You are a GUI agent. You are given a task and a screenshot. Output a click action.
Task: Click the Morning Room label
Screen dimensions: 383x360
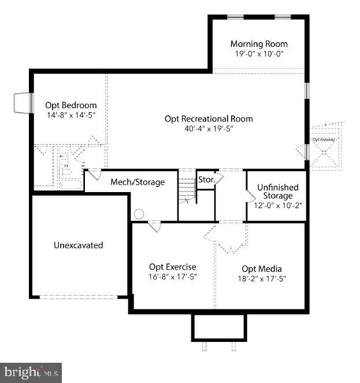pyautogui.click(x=258, y=44)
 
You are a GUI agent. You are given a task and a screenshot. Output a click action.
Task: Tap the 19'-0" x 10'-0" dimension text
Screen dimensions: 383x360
pyautogui.click(x=258, y=54)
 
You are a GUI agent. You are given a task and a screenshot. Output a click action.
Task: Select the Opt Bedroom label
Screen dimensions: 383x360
pyautogui.click(x=71, y=105)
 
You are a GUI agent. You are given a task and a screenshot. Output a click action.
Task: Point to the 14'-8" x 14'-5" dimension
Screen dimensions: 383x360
pyautogui.click(x=71, y=115)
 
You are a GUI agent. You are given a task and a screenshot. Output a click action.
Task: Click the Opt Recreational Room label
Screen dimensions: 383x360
pyautogui.click(x=209, y=119)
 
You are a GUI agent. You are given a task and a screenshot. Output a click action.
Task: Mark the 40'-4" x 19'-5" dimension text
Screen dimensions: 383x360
pyautogui.click(x=209, y=128)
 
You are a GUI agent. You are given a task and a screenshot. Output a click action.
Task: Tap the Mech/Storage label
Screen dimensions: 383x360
pyautogui.click(x=138, y=182)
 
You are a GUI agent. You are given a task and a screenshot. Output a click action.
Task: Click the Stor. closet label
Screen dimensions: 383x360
pyautogui.click(x=206, y=180)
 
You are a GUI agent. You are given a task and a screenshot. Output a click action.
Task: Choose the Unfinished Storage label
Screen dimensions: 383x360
pyautogui.click(x=277, y=191)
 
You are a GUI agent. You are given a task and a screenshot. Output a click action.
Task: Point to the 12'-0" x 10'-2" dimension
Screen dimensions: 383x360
pyautogui.click(x=277, y=205)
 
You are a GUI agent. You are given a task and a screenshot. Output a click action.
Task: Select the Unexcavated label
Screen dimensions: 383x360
pyautogui.click(x=78, y=245)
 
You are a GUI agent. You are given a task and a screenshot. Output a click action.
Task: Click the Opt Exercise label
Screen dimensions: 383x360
pyautogui.click(x=172, y=267)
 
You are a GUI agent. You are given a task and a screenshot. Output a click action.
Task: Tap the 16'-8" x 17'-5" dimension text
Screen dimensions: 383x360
pyautogui.click(x=173, y=277)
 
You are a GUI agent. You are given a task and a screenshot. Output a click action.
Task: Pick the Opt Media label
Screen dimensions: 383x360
pyautogui.click(x=261, y=268)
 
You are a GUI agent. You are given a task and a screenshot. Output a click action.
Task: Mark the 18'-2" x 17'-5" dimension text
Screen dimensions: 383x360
pyautogui.click(x=261, y=278)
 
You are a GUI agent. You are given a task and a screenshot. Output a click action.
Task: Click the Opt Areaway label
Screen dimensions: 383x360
pyautogui.click(x=324, y=139)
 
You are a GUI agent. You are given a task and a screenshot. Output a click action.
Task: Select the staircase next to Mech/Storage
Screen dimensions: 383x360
pyautogui.click(x=187, y=190)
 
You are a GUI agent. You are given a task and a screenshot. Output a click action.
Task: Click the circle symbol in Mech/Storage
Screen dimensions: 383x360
pyautogui.click(x=139, y=214)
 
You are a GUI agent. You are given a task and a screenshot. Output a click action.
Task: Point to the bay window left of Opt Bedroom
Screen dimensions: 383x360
pyautogui.click(x=22, y=103)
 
